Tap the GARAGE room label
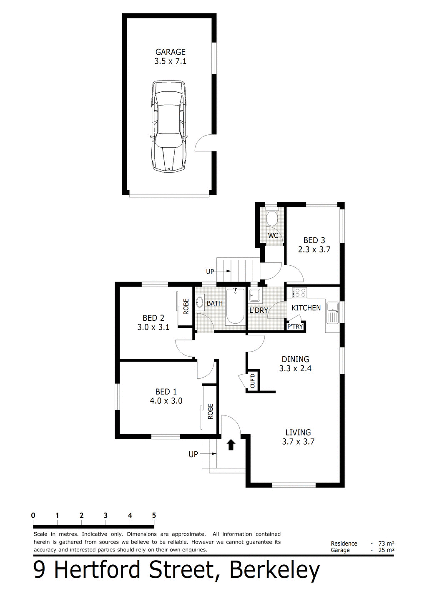[x=170, y=52]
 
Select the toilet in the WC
[x=272, y=217]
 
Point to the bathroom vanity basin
[x=200, y=302]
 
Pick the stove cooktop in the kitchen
[x=300, y=293]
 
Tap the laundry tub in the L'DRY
[x=255, y=295]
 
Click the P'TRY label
[x=295, y=327]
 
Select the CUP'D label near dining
[x=253, y=381]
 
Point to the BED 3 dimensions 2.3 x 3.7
[x=314, y=249]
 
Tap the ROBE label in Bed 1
[x=211, y=411]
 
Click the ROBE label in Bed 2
[x=186, y=307]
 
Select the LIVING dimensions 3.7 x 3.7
[x=298, y=442]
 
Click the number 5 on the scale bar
[x=154, y=516]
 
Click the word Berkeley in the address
[x=274, y=570]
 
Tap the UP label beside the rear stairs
[x=210, y=272]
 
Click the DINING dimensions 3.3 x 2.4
[x=295, y=368]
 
